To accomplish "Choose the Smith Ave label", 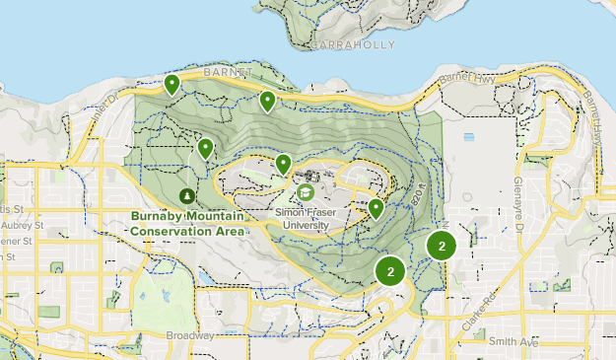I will click(x=513, y=340).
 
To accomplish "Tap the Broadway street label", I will click(x=190, y=335).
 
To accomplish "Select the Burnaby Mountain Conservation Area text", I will click(x=185, y=224).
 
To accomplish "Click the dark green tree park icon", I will click(x=188, y=195).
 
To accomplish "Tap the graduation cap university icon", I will click(x=307, y=191).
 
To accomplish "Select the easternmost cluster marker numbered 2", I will click(x=442, y=247).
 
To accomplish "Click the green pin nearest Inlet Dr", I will click(x=172, y=85).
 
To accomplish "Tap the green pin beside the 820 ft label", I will click(x=376, y=208).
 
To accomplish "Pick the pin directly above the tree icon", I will click(x=205, y=149).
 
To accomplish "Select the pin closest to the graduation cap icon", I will click(x=283, y=165).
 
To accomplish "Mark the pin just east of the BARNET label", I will click(x=267, y=101).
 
